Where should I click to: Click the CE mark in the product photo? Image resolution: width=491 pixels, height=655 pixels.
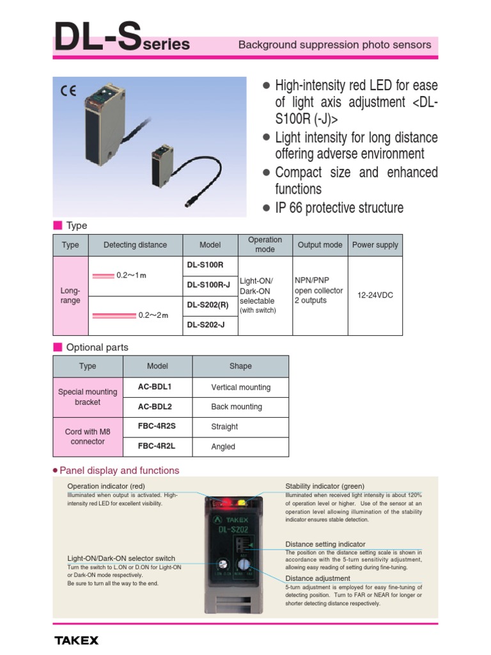[x=68, y=91]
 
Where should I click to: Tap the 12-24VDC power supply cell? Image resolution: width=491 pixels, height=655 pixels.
[x=376, y=295]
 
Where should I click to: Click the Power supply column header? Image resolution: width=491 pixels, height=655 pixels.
[x=375, y=245]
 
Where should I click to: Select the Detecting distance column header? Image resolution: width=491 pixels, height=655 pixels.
[x=135, y=245]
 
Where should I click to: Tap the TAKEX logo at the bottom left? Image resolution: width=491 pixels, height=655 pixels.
[x=76, y=640]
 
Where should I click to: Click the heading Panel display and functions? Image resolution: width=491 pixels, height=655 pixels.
[x=119, y=471]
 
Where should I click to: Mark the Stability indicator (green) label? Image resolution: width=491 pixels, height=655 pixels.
[x=325, y=486]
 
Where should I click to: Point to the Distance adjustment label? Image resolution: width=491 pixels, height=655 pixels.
[x=318, y=578]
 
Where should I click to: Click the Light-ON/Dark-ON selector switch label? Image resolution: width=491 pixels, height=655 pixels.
[x=121, y=558]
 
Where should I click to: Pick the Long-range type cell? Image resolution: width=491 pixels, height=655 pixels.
[x=70, y=296]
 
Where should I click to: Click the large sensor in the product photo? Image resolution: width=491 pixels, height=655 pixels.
[x=105, y=125]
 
